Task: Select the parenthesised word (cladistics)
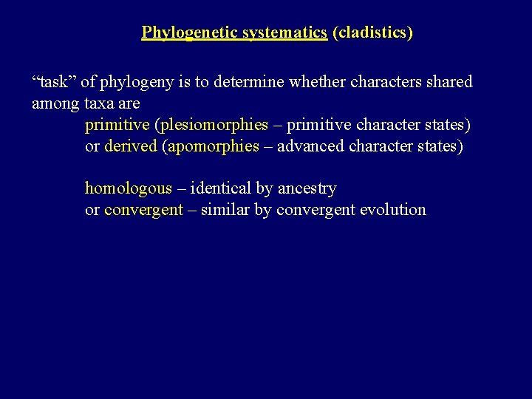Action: click(x=372, y=33)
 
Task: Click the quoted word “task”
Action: click(x=53, y=82)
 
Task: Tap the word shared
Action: click(x=448, y=82)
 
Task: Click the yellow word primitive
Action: click(x=116, y=125)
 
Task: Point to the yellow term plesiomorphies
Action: click(x=214, y=125)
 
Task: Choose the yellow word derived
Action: click(x=131, y=146)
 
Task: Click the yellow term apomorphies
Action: click(x=214, y=146)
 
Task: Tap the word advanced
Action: click(x=310, y=146)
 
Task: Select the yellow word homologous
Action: click(x=128, y=188)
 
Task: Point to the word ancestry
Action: click(x=307, y=188)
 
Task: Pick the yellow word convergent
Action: click(x=143, y=210)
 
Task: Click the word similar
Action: click(x=225, y=210)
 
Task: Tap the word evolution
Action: click(x=393, y=210)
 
